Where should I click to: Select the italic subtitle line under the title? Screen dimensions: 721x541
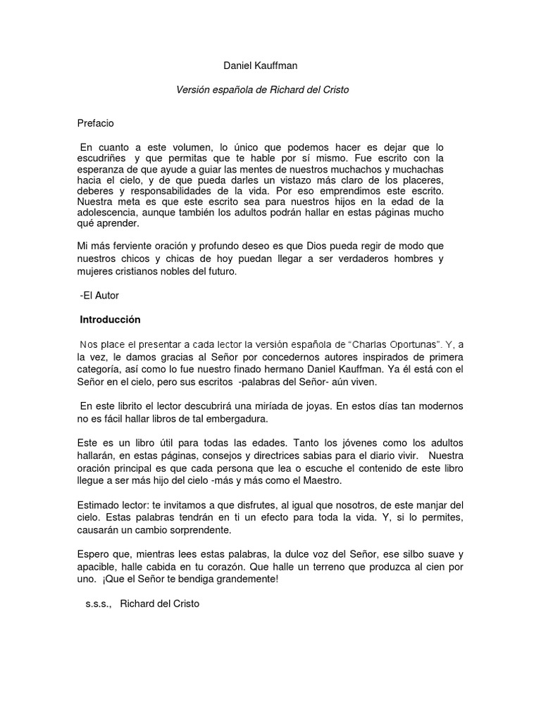(x=262, y=91)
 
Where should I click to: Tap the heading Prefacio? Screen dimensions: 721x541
(x=96, y=123)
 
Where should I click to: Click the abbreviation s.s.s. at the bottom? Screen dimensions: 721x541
(x=99, y=604)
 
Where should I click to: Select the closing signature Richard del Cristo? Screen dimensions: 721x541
(x=160, y=604)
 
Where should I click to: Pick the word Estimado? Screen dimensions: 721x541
(x=99, y=505)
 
